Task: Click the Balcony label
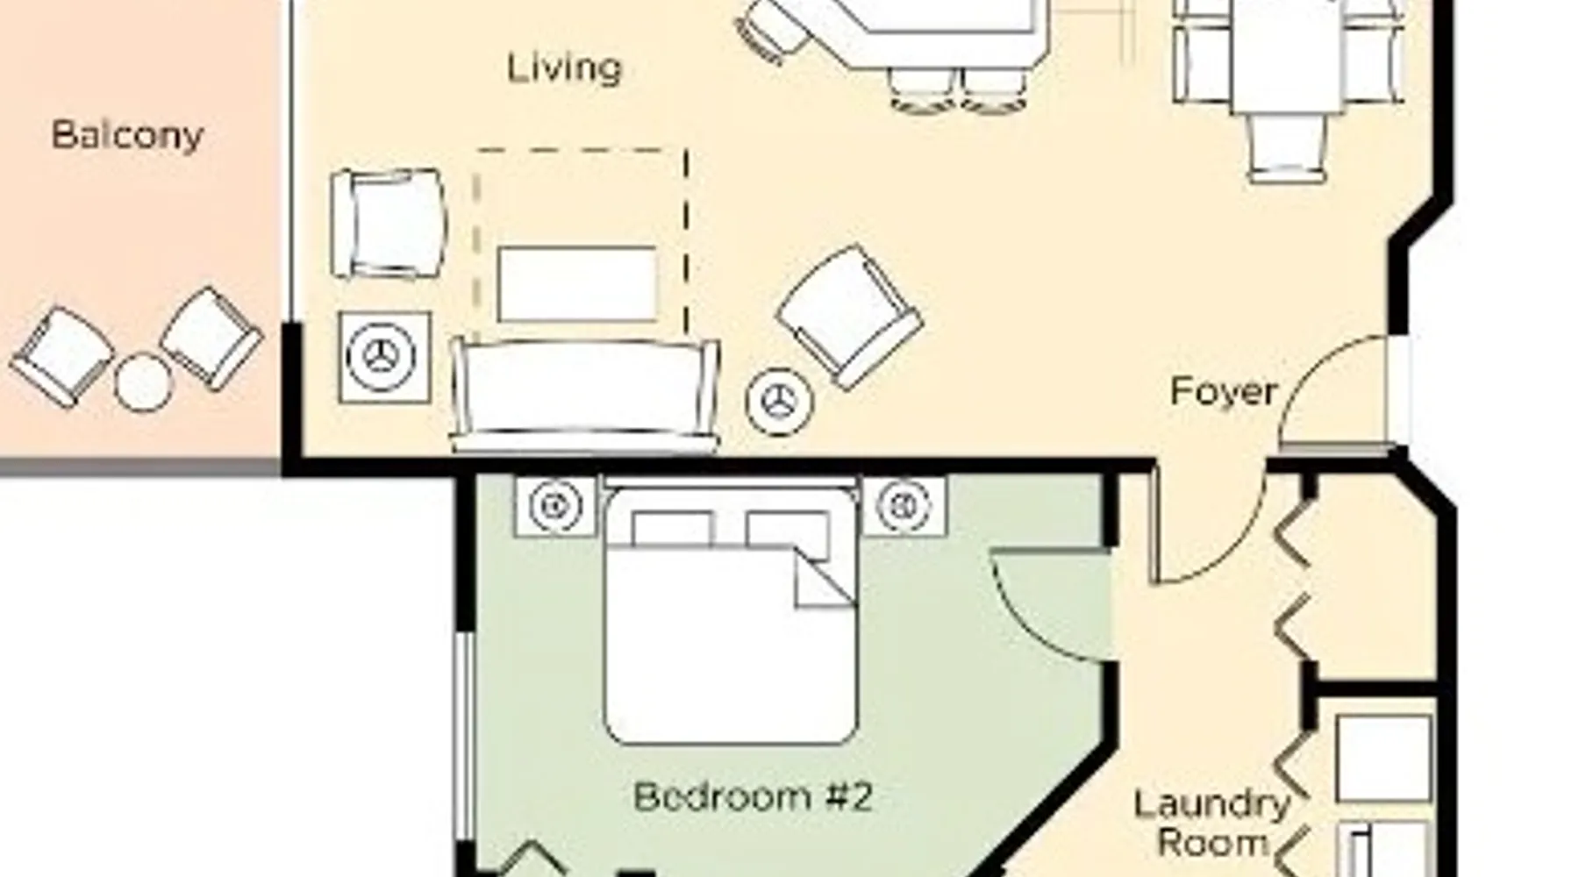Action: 127,136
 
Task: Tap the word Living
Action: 565,68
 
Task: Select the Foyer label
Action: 1223,391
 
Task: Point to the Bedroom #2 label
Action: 753,797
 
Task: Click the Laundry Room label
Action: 1212,824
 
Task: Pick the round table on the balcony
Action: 143,381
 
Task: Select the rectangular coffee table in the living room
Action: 577,284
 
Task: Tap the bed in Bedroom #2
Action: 730,614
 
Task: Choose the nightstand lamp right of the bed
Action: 904,506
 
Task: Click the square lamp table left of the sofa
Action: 384,357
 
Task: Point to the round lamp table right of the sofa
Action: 779,402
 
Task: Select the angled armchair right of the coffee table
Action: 849,316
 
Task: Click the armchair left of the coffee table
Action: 388,224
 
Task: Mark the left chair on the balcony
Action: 61,356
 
